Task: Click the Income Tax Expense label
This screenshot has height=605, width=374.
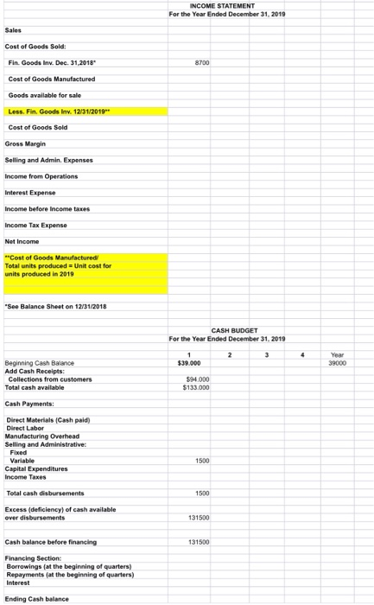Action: (x=35, y=225)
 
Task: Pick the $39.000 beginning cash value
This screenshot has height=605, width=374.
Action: (x=188, y=363)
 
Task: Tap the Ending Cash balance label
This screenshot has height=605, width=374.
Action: (x=34, y=598)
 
